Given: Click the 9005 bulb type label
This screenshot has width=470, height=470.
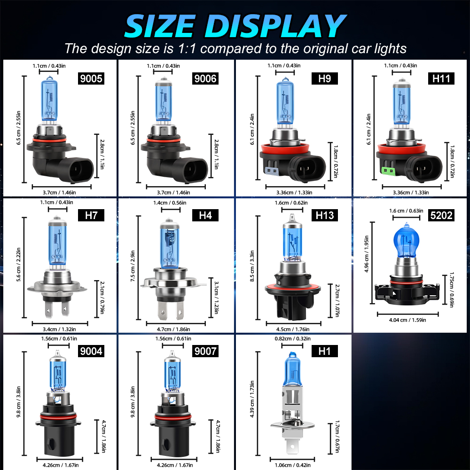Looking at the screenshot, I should point(91,78).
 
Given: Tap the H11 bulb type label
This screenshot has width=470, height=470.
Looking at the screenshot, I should point(441,78).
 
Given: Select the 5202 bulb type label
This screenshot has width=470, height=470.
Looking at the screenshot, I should point(441,216).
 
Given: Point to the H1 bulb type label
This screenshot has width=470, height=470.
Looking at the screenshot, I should point(324,351).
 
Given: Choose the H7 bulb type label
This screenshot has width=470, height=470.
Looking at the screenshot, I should point(91,216).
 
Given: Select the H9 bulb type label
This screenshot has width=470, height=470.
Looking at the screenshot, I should point(324,78).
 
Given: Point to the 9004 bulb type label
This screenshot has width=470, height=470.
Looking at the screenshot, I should point(91,351).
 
